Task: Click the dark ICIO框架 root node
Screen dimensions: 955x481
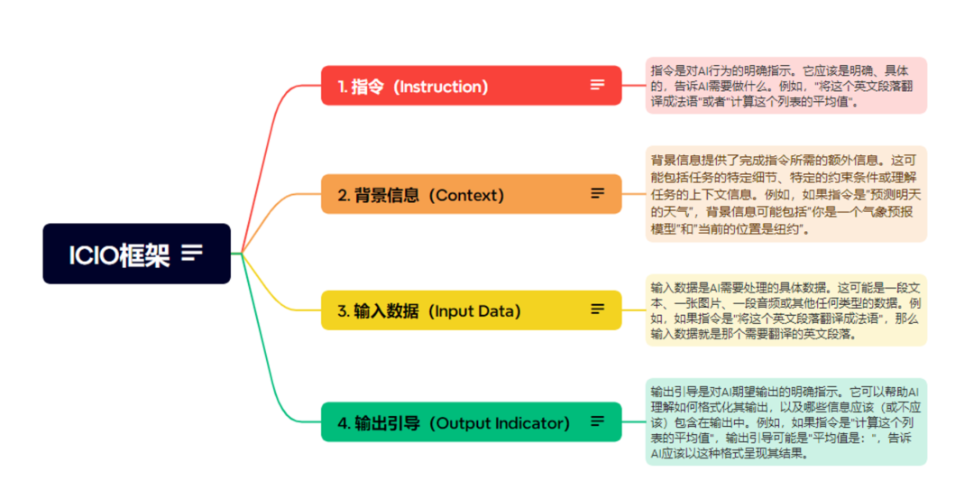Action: click(x=136, y=254)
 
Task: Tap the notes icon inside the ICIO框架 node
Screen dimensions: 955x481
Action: click(x=192, y=253)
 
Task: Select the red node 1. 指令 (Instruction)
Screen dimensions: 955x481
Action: click(x=472, y=86)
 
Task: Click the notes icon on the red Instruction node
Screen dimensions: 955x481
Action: click(x=598, y=85)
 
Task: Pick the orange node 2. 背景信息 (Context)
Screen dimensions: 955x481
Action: click(x=472, y=194)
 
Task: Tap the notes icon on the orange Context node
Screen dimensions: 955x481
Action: click(x=598, y=193)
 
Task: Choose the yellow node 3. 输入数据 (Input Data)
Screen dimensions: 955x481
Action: click(x=472, y=310)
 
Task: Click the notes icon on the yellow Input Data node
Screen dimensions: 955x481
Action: click(x=598, y=309)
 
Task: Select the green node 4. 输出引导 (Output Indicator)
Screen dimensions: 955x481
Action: click(x=472, y=421)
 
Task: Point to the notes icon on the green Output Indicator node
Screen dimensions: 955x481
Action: click(x=598, y=421)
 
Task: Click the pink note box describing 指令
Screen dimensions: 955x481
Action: click(x=786, y=86)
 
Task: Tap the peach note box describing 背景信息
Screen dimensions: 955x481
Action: click(x=786, y=194)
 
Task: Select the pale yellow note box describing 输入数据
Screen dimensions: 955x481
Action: click(x=786, y=310)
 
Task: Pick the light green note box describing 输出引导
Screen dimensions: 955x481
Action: click(x=786, y=421)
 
